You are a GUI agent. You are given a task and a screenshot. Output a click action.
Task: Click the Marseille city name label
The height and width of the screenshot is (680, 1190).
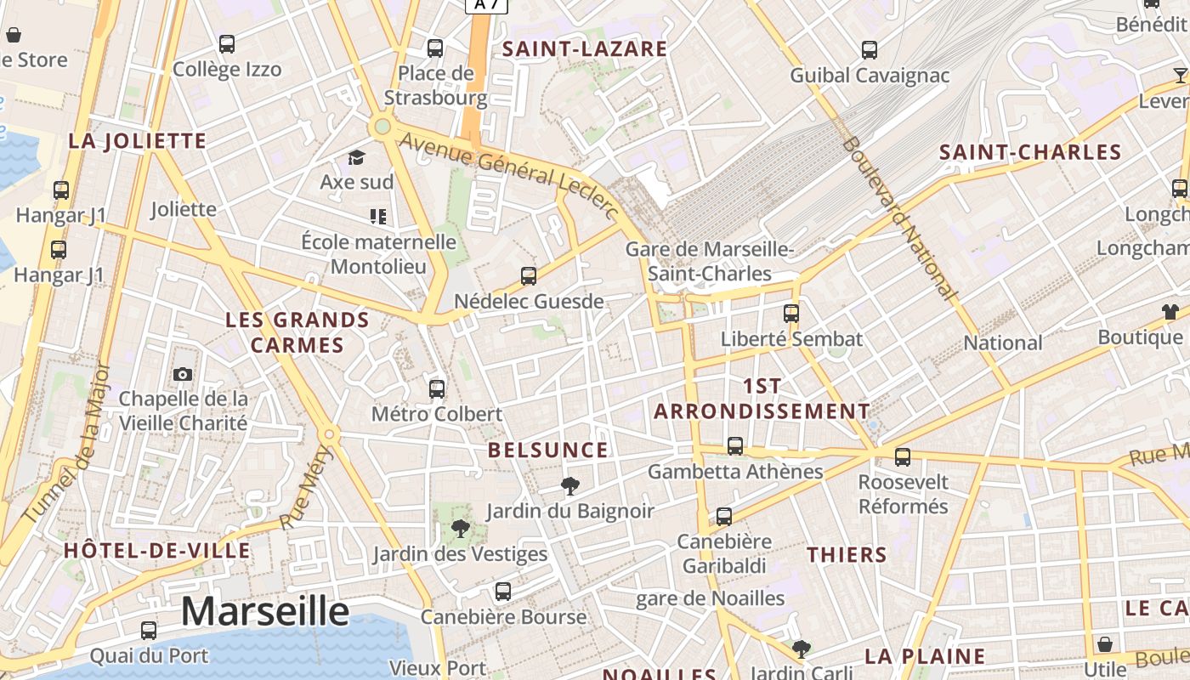(x=265, y=611)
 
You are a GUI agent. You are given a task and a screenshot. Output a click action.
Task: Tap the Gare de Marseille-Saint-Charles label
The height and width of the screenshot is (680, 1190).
(x=709, y=261)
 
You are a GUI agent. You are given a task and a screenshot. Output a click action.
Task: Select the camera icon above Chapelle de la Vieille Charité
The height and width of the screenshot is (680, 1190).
(x=183, y=374)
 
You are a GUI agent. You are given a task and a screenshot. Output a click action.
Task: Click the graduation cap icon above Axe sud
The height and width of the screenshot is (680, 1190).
(x=356, y=158)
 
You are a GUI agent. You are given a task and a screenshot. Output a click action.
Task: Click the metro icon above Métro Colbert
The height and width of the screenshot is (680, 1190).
(x=437, y=389)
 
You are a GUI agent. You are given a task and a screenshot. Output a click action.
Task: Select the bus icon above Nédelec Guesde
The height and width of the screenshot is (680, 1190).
(x=529, y=276)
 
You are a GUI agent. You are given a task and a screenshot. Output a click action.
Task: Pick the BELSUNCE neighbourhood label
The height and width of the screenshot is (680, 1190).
(x=548, y=450)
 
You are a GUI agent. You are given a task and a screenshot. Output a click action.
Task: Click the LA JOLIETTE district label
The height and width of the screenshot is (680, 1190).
(x=138, y=141)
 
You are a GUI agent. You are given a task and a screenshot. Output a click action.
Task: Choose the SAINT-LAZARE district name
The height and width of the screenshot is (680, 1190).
(x=585, y=49)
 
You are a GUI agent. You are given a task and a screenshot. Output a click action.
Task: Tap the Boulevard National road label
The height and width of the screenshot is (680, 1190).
(x=899, y=218)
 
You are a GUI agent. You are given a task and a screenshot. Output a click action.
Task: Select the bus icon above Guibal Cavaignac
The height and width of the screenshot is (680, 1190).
(x=870, y=50)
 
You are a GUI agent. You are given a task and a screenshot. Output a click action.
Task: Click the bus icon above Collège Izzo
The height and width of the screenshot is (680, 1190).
(x=227, y=44)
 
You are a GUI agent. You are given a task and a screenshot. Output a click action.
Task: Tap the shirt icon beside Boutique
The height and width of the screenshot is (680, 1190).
(x=1170, y=312)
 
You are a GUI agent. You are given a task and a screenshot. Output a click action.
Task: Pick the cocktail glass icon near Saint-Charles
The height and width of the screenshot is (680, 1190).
(x=1180, y=75)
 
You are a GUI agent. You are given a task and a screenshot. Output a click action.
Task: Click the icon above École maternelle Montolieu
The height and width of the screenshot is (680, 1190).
(x=378, y=217)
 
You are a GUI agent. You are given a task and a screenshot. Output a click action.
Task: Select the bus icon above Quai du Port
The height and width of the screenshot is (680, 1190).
(x=149, y=631)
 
